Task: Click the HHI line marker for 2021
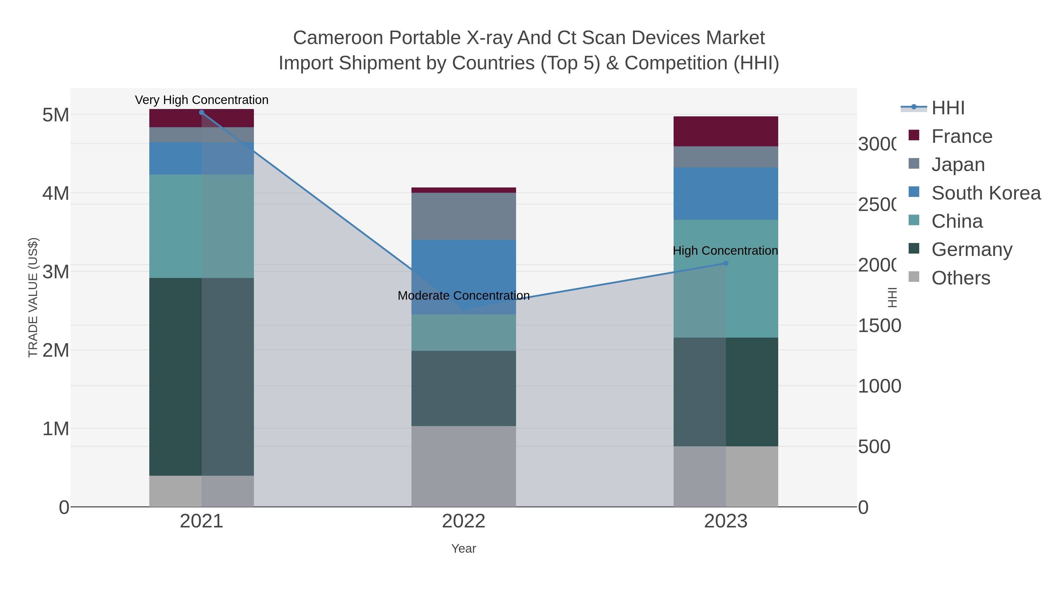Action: tap(201, 113)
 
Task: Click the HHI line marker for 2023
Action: tap(726, 263)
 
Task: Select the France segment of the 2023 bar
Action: tap(726, 131)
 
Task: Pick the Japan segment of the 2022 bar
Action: tap(464, 216)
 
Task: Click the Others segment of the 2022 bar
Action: tap(464, 466)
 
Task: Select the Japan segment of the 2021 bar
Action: tap(201, 135)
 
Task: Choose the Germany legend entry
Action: tap(971, 249)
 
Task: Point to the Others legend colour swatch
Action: tap(914, 277)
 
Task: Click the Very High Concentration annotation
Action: tap(201, 100)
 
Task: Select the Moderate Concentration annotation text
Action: tap(464, 296)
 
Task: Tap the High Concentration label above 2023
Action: tap(725, 250)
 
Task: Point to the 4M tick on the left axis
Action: tap(56, 193)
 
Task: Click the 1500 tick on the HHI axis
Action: tap(879, 326)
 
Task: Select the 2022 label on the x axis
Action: tap(464, 522)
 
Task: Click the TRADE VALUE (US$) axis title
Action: tap(33, 297)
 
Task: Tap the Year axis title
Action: tap(464, 549)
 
